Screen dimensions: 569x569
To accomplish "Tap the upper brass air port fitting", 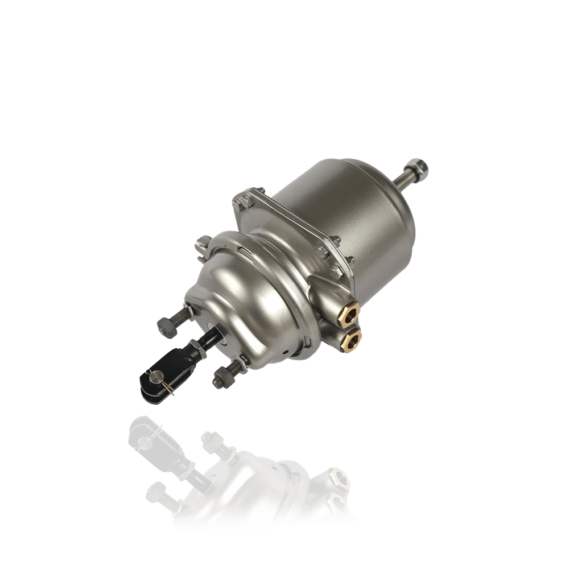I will (348, 312).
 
